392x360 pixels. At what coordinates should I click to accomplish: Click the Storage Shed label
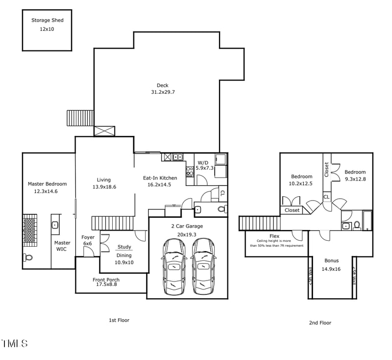tap(48, 20)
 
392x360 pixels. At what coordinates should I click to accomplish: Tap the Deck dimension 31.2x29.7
tap(163, 92)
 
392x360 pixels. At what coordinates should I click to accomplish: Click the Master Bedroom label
tap(47, 184)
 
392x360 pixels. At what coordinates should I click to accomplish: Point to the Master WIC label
tap(62, 246)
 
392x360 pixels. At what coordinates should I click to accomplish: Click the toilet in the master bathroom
tap(28, 257)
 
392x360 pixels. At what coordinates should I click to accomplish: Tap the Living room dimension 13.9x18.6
tap(104, 187)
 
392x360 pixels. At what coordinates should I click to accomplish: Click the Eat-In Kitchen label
tap(160, 178)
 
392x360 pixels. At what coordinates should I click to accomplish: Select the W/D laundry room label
tap(203, 162)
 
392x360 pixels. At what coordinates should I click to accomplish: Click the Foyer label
tap(88, 237)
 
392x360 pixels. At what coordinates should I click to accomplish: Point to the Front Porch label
tap(106, 280)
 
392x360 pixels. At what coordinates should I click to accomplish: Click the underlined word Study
tap(124, 247)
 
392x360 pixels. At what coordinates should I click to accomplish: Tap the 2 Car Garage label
tap(187, 226)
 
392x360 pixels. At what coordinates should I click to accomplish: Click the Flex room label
tap(274, 236)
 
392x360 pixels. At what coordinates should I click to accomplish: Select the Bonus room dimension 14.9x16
tap(331, 269)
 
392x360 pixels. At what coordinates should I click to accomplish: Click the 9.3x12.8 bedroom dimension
tap(355, 179)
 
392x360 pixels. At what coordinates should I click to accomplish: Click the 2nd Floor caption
tap(319, 323)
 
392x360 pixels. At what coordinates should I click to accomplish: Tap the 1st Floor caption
tap(119, 320)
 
